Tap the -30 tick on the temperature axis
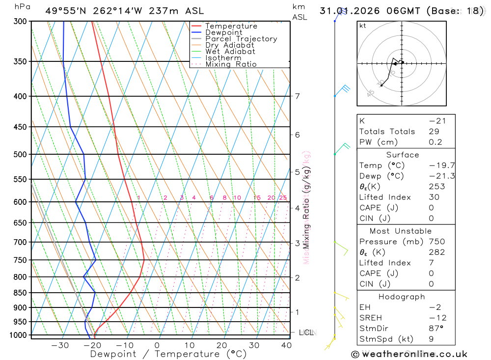tap(60, 345)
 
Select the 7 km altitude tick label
tap(297, 96)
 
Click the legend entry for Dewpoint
tap(223, 32)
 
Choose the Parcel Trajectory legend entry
tap(241, 39)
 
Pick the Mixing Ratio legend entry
tap(231, 64)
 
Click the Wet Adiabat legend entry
tap(230, 52)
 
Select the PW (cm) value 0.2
tap(435, 142)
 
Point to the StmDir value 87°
tap(434, 329)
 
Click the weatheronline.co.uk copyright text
tap(409, 354)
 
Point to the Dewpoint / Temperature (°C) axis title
tap(168, 354)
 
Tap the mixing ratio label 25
tap(283, 198)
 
